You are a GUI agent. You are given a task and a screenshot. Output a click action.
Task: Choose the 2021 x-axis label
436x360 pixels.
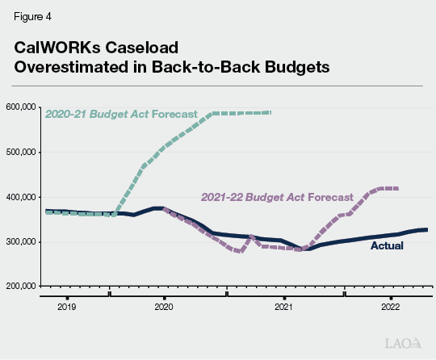coord(283,308)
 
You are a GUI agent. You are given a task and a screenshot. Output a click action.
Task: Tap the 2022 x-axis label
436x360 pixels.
coord(390,308)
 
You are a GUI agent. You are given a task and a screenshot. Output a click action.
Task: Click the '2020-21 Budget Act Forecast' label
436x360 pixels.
coord(121,114)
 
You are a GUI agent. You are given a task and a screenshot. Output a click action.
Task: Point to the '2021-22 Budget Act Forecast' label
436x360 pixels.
coord(276,197)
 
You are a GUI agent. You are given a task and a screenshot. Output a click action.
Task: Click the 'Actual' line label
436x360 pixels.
coord(387,245)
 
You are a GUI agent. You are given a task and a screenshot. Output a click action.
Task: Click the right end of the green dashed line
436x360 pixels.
coord(271,112)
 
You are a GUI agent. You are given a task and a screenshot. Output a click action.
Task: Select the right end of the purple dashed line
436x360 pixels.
coord(397,188)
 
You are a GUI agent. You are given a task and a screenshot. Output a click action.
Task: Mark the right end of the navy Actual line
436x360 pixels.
coord(426,230)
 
